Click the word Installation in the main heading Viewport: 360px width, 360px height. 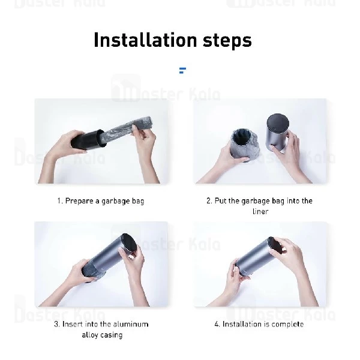pyautogui.click(x=145, y=40)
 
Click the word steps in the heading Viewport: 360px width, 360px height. pyautogui.click(x=227, y=41)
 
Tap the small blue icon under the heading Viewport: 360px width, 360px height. pyautogui.click(x=182, y=70)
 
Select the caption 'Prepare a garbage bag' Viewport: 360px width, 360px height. pyautogui.click(x=104, y=201)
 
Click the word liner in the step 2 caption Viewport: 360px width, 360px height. pyautogui.click(x=260, y=211)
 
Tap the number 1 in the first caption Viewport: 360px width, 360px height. pyautogui.click(x=59, y=201)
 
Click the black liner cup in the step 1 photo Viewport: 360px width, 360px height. pyautogui.click(x=87, y=140)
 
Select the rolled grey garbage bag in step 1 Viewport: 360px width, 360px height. pyautogui.click(x=126, y=131)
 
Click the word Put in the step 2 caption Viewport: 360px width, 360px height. pyautogui.click(x=220, y=200)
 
